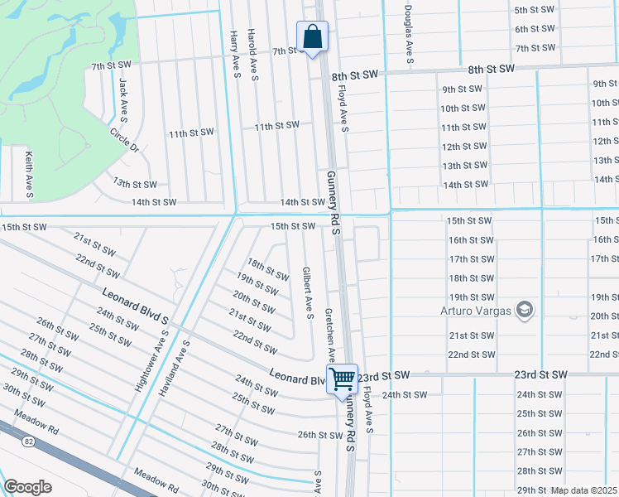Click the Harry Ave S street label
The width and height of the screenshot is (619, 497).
235,55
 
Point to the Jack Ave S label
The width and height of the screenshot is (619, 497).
123,97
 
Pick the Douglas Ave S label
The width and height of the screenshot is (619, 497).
409,36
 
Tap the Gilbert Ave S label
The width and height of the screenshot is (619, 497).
307,292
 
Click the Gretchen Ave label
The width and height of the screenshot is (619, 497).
329,337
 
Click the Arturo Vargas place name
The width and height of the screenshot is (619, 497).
474,311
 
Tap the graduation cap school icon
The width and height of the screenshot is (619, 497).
523,311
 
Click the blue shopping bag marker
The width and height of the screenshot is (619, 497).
312,36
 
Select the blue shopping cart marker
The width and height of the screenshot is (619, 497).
342,379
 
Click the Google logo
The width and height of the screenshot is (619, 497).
27,486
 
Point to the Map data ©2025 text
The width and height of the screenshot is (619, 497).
584,490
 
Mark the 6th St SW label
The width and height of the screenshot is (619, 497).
535,29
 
